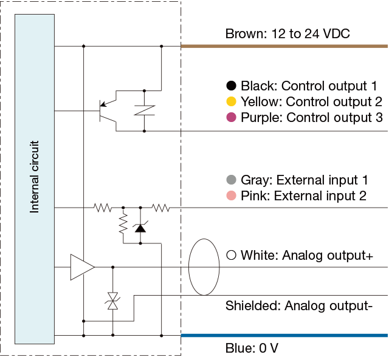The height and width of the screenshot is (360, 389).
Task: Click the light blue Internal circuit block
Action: [35, 179]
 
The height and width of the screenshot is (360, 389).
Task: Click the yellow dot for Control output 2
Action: [231, 101]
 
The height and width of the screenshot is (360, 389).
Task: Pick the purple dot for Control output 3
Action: [231, 117]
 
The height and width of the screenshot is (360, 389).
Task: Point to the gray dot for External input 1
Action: [231, 180]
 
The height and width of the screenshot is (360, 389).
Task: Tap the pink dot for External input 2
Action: [231, 195]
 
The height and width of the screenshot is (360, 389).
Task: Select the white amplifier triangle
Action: [81, 267]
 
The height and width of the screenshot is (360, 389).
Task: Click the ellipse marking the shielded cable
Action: [204, 267]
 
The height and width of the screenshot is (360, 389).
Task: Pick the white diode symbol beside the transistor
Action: [144, 110]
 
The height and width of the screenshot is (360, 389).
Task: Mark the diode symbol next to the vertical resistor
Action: [140, 228]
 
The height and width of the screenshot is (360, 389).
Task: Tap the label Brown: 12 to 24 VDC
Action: [287, 34]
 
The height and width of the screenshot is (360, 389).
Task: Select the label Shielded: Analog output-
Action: [298, 305]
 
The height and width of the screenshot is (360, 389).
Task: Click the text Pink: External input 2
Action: [305, 195]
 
